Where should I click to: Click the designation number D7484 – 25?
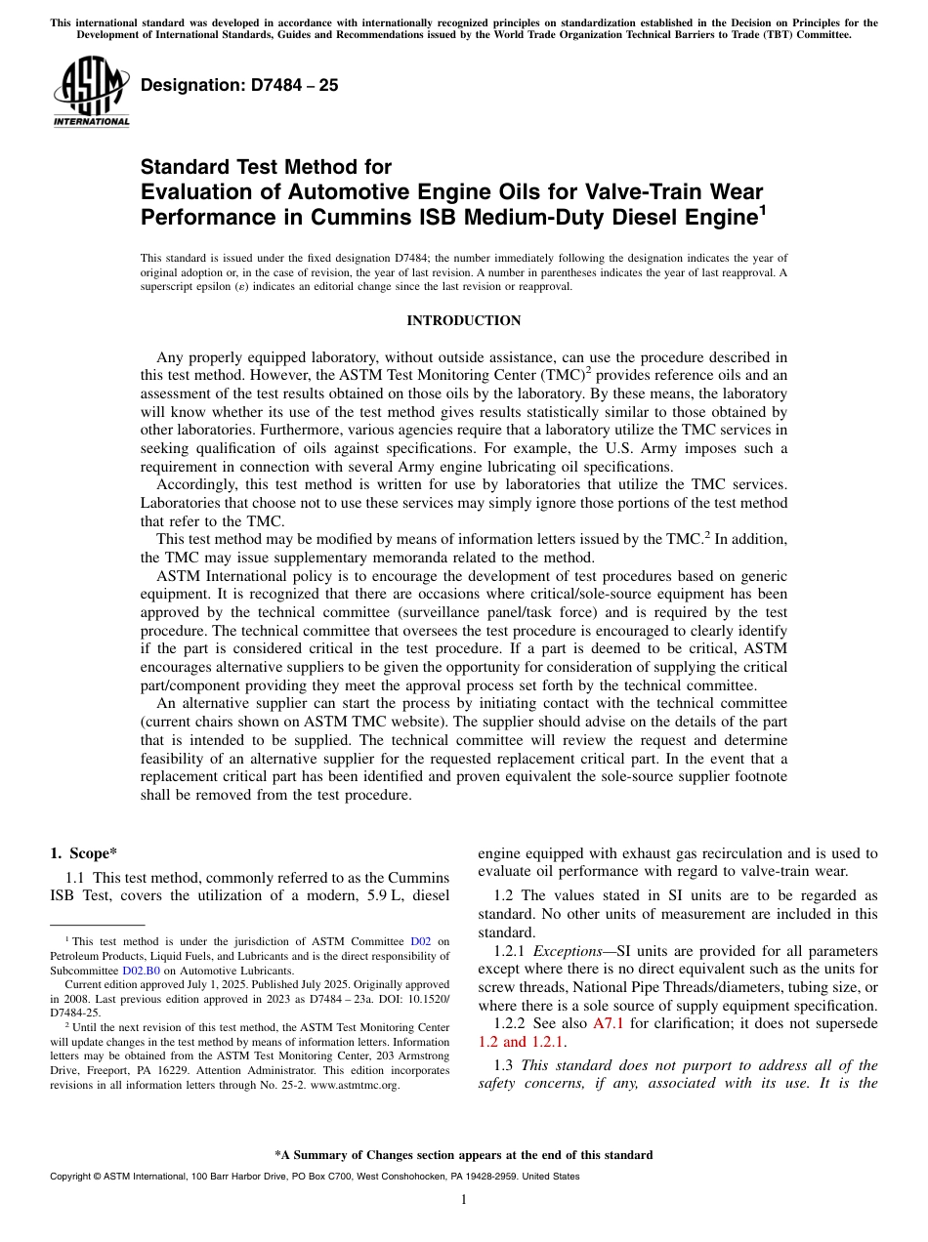[239, 86]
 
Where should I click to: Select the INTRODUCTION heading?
[463, 320]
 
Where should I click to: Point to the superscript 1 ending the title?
[762, 207]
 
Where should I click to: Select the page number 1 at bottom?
[463, 1200]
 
